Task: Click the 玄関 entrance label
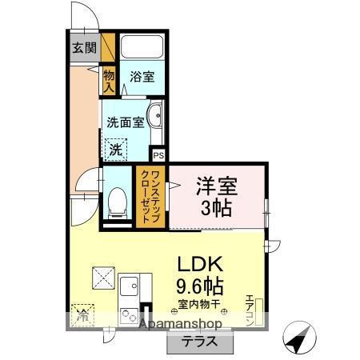pyautogui.click(x=83, y=46)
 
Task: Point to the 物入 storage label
pyautogui.click(x=110, y=80)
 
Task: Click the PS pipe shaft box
pyautogui.click(x=158, y=155)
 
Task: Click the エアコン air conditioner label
pyautogui.click(x=249, y=310)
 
